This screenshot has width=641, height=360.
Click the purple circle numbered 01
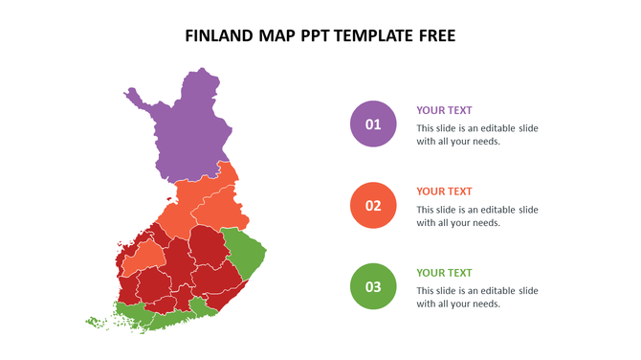[373, 124]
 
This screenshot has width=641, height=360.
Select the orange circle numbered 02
[373, 205]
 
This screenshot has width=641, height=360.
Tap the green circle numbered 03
[373, 286]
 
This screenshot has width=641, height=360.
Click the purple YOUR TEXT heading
[444, 110]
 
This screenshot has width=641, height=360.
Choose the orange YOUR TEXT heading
[444, 191]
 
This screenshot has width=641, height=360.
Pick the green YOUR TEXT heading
[444, 273]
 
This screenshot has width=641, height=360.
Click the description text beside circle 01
[476, 134]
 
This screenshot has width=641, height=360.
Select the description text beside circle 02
[476, 215]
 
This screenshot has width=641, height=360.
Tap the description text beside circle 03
[476, 297]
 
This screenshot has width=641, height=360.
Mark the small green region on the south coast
[203, 307]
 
